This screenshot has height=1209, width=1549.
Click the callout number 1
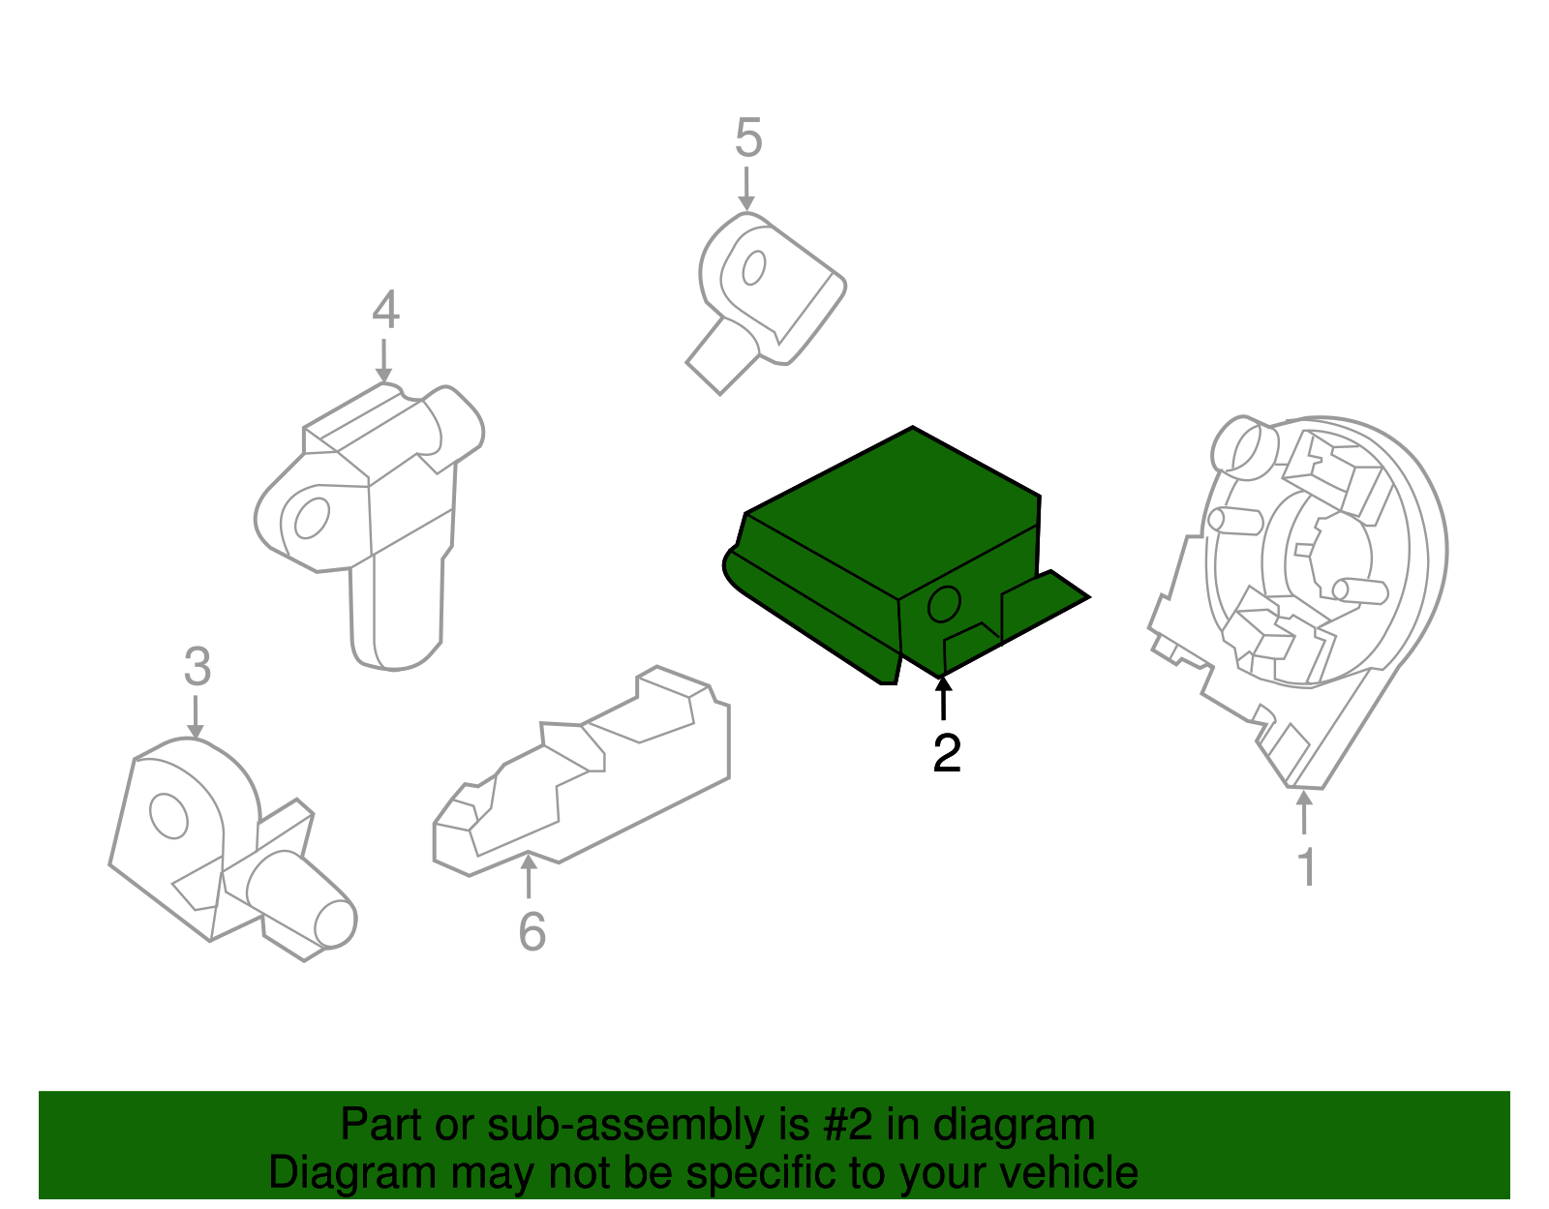tap(1306, 866)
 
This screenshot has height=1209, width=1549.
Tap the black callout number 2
tap(946, 753)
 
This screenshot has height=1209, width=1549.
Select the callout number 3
tap(197, 667)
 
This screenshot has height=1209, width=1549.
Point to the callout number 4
tap(385, 310)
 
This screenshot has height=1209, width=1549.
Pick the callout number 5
tap(747, 137)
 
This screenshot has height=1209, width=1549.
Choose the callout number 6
tap(532, 931)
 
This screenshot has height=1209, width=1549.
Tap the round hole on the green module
tap(943, 604)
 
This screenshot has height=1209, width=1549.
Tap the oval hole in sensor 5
tap(753, 267)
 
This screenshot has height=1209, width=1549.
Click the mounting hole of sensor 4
tap(312, 518)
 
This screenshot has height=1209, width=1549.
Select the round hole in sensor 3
tap(168, 816)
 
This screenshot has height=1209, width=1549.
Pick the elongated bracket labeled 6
tap(600, 774)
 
